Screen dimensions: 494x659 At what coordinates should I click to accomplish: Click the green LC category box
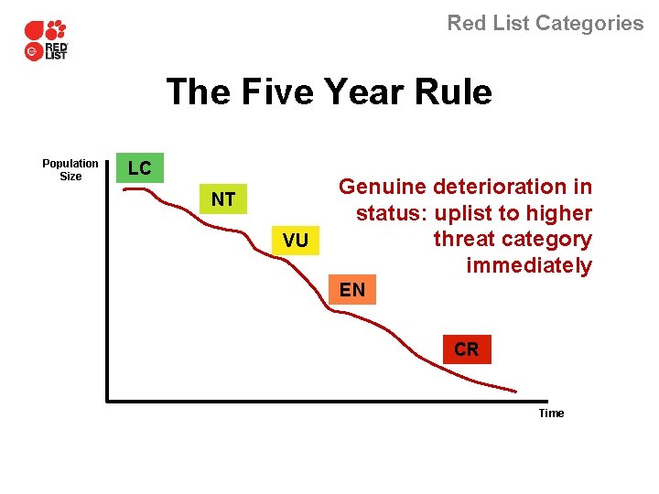tap(140, 168)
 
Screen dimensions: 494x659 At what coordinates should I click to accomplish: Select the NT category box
tap(223, 199)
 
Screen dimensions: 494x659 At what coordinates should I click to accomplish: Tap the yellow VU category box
tap(296, 241)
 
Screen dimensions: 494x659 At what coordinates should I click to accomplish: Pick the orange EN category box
tap(352, 291)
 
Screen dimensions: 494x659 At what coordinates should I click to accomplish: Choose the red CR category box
tap(466, 349)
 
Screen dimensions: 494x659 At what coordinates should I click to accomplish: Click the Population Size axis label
tap(70, 170)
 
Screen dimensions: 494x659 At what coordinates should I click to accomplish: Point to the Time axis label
tap(551, 413)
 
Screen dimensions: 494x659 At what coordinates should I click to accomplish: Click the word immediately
tap(529, 266)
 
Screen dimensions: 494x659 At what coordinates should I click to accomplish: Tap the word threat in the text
tap(464, 240)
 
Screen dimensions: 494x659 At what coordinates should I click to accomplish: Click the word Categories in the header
tap(589, 24)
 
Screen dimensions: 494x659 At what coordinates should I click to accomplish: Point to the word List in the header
tap(508, 24)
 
